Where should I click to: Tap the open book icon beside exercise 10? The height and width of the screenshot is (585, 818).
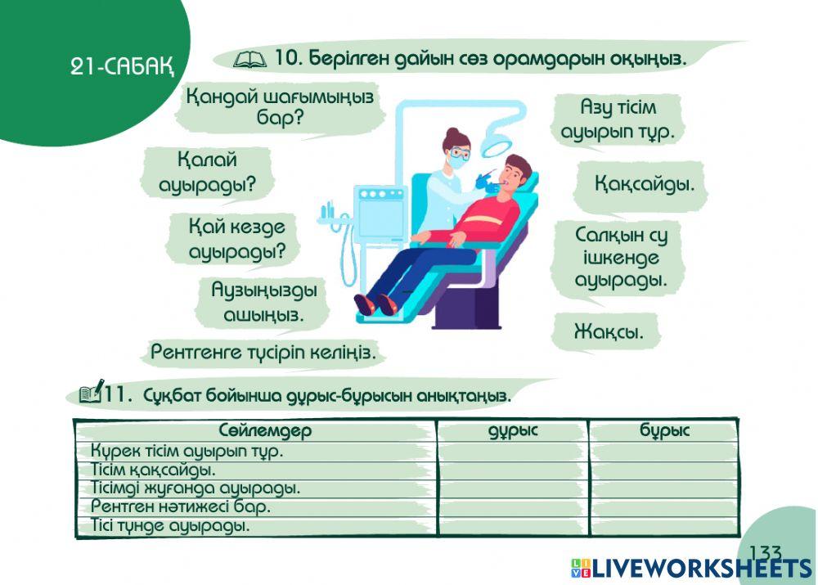[x=249, y=59]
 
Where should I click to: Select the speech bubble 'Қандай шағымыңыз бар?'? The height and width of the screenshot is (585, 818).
[x=280, y=108]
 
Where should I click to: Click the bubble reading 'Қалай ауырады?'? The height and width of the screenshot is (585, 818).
[x=207, y=173]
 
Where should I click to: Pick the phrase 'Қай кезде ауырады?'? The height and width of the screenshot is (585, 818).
[x=236, y=239]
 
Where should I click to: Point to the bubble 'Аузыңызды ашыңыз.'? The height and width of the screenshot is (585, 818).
[x=263, y=302]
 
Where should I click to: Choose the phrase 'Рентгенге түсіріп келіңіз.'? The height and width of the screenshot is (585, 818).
[x=264, y=353]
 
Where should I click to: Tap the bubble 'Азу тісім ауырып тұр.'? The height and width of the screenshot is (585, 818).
[x=618, y=120]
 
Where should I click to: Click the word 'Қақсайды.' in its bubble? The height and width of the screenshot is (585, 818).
[x=645, y=184]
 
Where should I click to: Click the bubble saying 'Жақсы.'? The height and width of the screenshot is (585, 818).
[x=605, y=333]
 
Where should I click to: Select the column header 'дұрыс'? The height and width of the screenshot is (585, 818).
[x=513, y=431]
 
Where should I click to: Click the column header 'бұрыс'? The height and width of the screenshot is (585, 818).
[x=664, y=431]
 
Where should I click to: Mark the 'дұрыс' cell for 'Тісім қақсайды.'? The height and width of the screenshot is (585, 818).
[x=513, y=470]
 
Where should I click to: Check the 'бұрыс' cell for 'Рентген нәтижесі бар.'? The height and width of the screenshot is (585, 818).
[x=664, y=507]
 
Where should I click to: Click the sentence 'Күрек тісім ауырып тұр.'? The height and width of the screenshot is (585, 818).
[x=187, y=452]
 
